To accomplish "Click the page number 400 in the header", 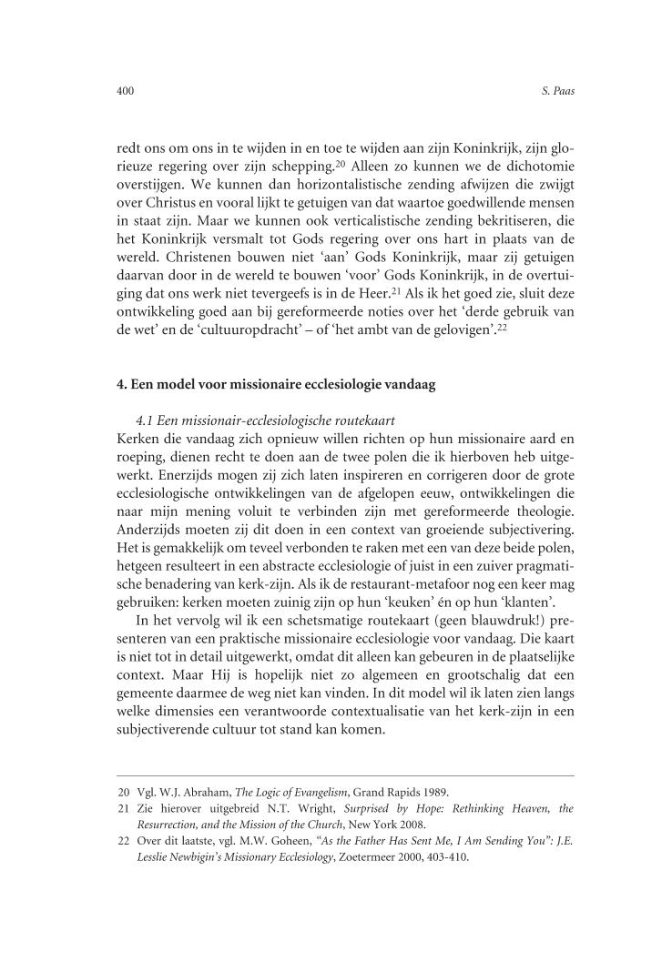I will click(126, 92).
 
